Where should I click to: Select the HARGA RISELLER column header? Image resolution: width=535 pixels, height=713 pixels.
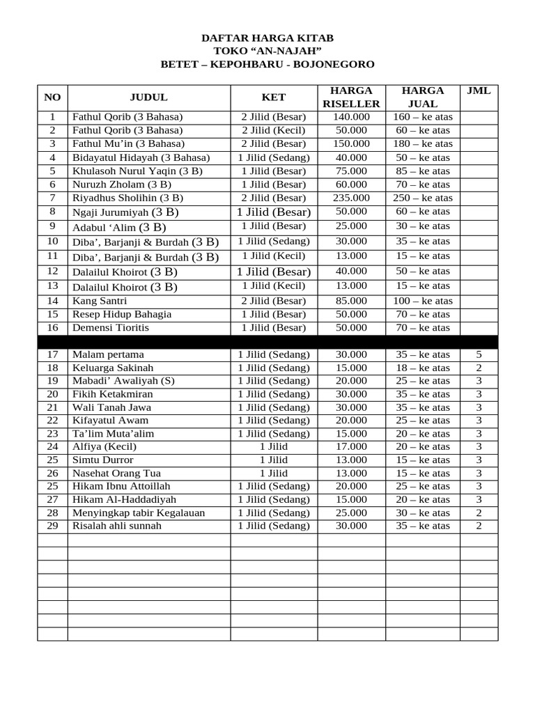(351, 97)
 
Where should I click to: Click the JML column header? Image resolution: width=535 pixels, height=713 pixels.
(478, 91)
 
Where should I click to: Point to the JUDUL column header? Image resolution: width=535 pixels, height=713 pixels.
(148, 97)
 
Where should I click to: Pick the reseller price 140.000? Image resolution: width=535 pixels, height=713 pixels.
(351, 117)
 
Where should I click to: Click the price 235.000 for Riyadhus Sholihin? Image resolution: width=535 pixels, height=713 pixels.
(351, 198)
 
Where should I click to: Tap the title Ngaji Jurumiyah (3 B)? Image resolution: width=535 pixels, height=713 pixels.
(125, 212)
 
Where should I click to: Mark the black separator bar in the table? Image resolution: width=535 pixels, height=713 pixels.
(267, 341)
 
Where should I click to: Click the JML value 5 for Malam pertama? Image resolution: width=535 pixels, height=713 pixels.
(479, 354)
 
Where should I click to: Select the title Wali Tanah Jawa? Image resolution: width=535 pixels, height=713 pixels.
(111, 407)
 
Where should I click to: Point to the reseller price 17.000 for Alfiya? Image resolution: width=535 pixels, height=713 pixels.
(351, 447)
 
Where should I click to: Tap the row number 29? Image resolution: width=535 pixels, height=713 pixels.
(52, 526)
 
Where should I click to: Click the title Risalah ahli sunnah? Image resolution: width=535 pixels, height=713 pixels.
(116, 526)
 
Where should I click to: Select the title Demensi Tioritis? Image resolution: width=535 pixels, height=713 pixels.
(111, 328)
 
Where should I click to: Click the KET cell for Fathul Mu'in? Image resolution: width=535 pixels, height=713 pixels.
(274, 144)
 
